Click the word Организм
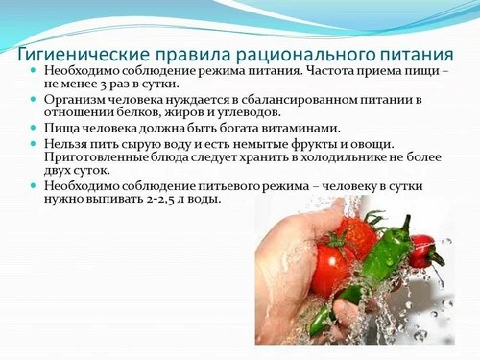(x=79, y=100)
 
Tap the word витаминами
(x=291, y=129)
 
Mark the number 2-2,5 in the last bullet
(x=159, y=200)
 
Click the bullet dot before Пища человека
(x=35, y=129)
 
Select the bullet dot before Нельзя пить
(x=35, y=144)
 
